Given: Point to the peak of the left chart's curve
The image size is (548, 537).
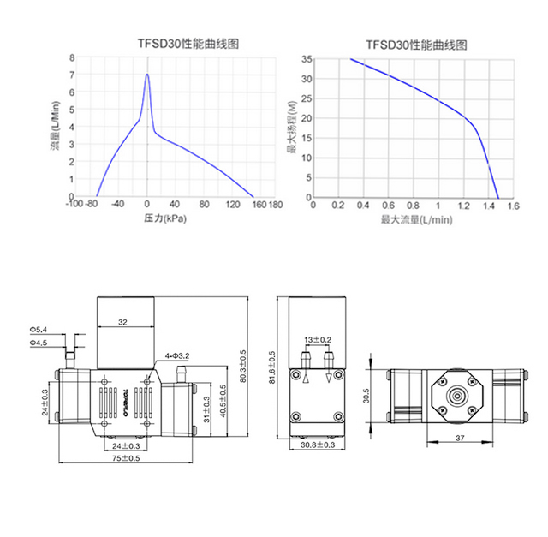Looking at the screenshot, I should [147, 74].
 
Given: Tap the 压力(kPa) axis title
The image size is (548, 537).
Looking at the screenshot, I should [164, 219].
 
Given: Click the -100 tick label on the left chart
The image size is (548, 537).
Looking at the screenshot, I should [77, 206].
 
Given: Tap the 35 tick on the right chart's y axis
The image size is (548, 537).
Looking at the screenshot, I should [306, 59].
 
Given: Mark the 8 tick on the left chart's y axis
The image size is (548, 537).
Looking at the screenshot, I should [72, 58].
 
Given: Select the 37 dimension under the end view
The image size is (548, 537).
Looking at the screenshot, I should [460, 438].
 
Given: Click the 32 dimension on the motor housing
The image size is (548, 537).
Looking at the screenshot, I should [122, 323].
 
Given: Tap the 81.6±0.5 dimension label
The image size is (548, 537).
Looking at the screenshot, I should [271, 367].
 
